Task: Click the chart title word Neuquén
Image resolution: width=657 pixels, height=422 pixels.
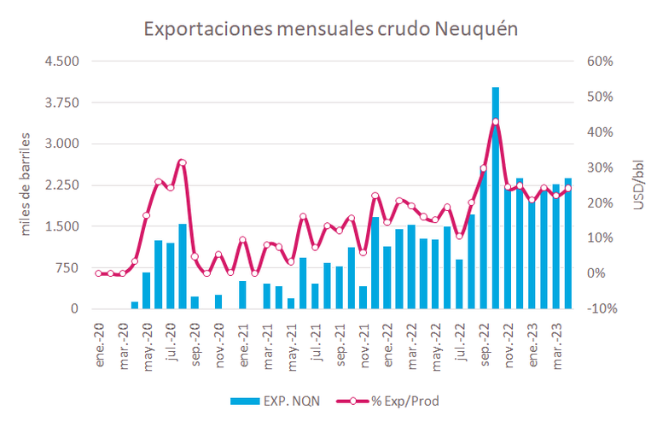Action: pyautogui.click(x=476, y=29)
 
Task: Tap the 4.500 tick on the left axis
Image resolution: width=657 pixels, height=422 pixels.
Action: pyautogui.click(x=61, y=62)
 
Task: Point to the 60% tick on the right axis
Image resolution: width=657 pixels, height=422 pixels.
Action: pyautogui.click(x=598, y=62)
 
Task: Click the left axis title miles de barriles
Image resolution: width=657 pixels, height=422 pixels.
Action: pyautogui.click(x=26, y=185)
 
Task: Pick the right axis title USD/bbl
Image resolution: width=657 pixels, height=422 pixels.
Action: pyautogui.click(x=636, y=185)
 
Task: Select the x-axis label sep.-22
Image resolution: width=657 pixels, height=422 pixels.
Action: pyautogui.click(x=485, y=340)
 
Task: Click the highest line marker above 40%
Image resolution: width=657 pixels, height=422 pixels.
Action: pyautogui.click(x=495, y=121)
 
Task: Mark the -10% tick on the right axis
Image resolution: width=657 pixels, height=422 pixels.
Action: pyautogui.click(x=598, y=309)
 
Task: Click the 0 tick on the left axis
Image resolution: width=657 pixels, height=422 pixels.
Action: pyautogui.click(x=75, y=309)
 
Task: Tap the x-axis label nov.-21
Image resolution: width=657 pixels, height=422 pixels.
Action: pyautogui.click(x=364, y=340)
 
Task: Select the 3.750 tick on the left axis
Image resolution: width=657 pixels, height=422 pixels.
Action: pyautogui.click(x=61, y=103)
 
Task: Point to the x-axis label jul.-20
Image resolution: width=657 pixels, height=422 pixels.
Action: pyautogui.click(x=172, y=340)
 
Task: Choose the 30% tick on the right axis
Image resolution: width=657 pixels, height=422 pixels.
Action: pyautogui.click(x=598, y=167)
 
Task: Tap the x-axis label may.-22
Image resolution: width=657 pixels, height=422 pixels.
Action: pyautogui.click(x=437, y=340)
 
